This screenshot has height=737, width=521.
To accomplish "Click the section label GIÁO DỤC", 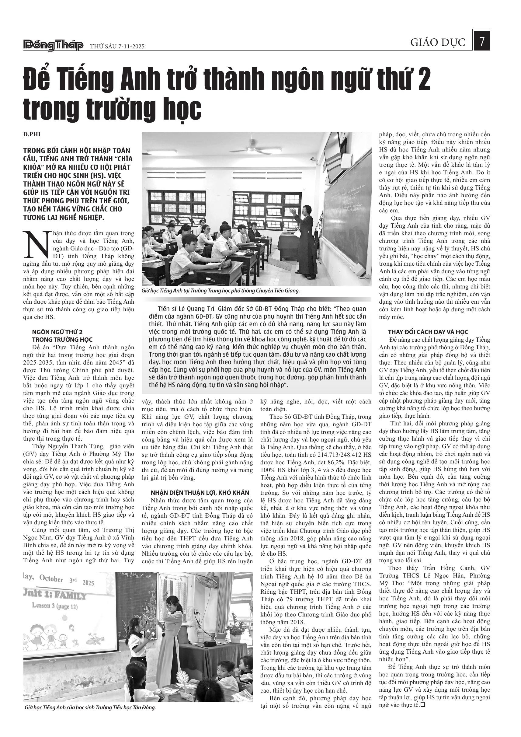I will click(438, 43).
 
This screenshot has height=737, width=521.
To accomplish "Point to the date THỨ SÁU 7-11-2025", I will click(117, 47).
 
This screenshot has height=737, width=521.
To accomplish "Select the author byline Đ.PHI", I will click(32, 134).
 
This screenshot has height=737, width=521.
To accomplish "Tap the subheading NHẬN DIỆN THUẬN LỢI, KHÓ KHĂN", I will click(200, 492).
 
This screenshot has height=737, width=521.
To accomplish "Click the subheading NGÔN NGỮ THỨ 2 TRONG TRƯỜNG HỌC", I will click(62, 336).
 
